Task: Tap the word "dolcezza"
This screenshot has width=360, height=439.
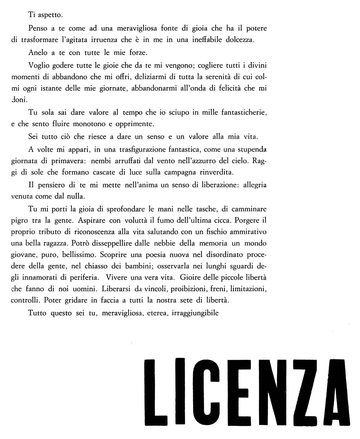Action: tap(239, 40)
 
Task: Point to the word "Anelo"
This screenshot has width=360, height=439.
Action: tap(38, 52)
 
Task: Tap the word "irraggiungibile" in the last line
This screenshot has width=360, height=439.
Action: tap(195, 313)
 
